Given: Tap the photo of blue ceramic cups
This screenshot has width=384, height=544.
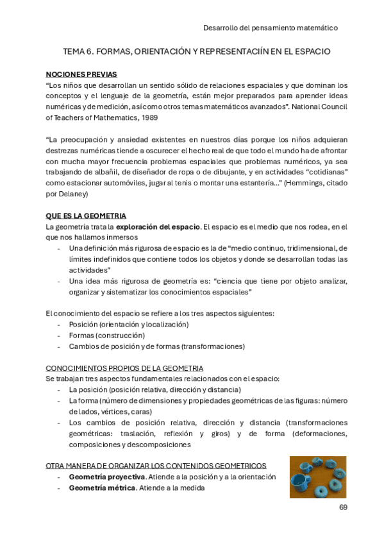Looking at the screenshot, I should (317, 477).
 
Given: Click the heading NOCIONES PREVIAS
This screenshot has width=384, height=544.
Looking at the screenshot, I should (81, 74).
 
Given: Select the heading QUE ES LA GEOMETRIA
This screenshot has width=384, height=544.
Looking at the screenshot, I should (86, 216).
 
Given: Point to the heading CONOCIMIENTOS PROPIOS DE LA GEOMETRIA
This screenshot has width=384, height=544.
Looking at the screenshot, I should (124, 368).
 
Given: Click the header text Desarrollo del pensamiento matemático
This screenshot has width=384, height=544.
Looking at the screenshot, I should (270, 28).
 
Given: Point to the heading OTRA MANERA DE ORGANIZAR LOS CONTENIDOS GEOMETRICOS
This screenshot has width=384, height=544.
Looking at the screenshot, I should (156, 466).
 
